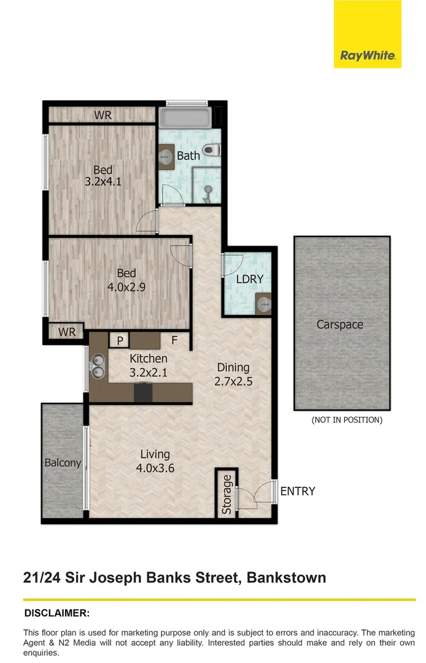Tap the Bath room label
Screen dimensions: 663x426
pyautogui.click(x=188, y=155)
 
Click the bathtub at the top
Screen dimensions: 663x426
pyautogui.click(x=184, y=118)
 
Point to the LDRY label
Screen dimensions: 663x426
pyautogui.click(x=250, y=279)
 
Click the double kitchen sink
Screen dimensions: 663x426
pyautogui.click(x=97, y=366)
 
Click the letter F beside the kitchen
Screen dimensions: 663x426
pyautogui.click(x=174, y=339)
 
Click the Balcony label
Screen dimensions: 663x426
pyautogui.click(x=63, y=463)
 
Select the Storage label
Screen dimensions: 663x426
pyautogui.click(x=227, y=494)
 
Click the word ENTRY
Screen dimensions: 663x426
pyautogui.click(x=298, y=491)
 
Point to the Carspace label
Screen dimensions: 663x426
pyautogui.click(x=340, y=324)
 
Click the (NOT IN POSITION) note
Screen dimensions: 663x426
pyautogui.click(x=347, y=420)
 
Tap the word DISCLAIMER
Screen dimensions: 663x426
pyautogui.click(x=57, y=613)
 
